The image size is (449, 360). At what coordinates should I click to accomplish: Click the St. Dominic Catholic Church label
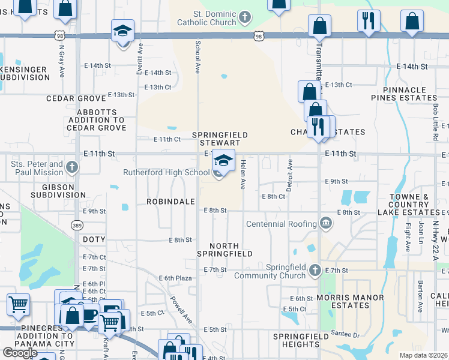(x=206, y=18)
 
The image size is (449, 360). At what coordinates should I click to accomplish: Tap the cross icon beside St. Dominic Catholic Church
(x=244, y=17)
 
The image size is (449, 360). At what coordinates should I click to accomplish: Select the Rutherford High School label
(x=166, y=172)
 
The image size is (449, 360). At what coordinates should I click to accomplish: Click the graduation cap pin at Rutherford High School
(x=223, y=161)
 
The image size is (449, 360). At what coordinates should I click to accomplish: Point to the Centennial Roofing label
(x=282, y=224)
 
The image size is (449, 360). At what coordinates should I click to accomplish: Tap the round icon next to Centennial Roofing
(x=325, y=224)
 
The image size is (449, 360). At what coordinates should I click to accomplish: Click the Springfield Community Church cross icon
(x=315, y=271)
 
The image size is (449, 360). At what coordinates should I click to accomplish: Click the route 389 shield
(x=77, y=225)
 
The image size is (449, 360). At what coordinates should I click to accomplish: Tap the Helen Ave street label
(x=244, y=174)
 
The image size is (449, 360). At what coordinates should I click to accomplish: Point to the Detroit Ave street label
(x=289, y=175)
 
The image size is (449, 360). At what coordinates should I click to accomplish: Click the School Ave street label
(x=197, y=57)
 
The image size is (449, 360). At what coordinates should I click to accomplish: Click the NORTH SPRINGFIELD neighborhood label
(x=225, y=250)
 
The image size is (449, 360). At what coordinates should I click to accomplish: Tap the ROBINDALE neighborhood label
(x=170, y=202)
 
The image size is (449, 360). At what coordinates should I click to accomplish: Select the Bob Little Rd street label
(x=436, y=122)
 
